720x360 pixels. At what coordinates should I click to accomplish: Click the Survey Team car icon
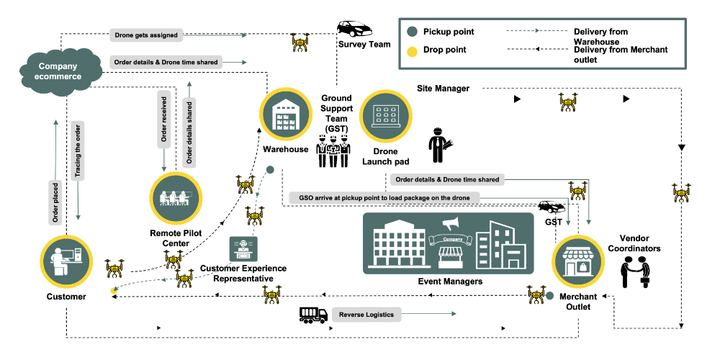(x=354, y=29)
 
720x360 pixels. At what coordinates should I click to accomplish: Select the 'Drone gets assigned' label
(x=146, y=34)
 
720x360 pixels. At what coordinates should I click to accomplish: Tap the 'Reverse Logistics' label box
(x=367, y=315)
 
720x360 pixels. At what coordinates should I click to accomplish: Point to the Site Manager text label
(x=443, y=89)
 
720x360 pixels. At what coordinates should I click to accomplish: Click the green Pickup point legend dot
(x=412, y=32)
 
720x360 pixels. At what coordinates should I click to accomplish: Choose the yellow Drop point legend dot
(x=412, y=50)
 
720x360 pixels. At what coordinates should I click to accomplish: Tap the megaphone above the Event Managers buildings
(x=450, y=225)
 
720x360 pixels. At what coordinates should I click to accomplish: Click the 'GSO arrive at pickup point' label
(x=384, y=197)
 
